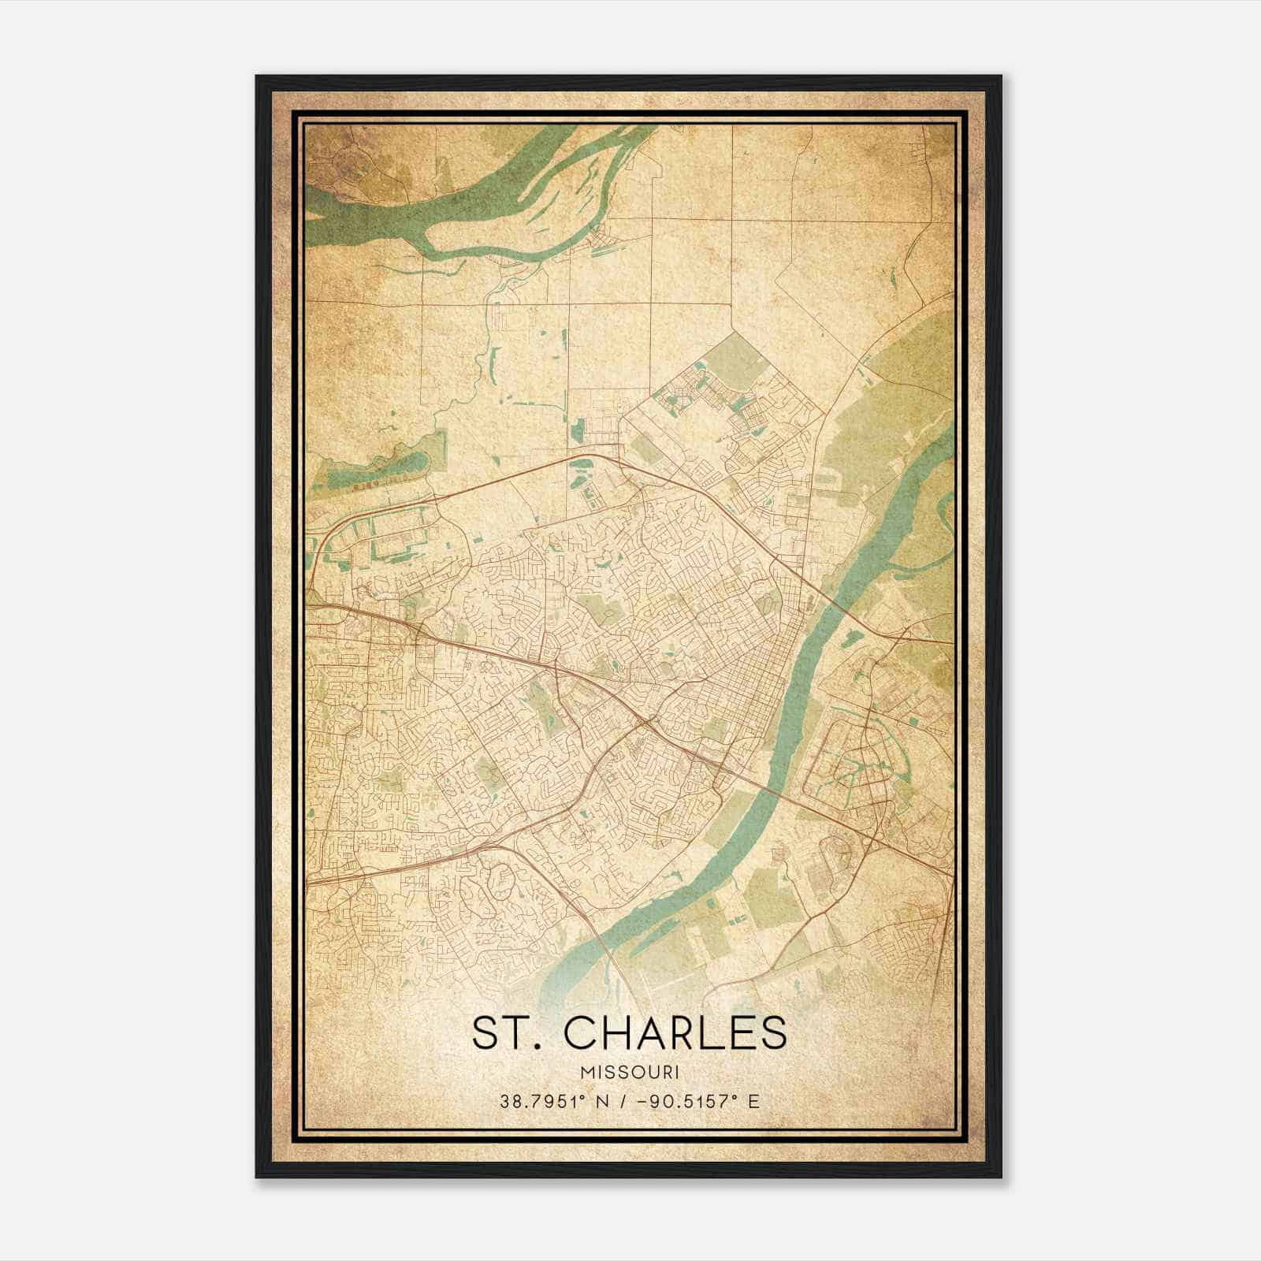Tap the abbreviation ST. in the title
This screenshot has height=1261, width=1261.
[x=503, y=1032]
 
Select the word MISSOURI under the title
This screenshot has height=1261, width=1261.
[x=630, y=1073]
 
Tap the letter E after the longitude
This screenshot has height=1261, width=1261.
[x=754, y=1101]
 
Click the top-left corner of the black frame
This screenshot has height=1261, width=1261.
[x=258, y=77]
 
